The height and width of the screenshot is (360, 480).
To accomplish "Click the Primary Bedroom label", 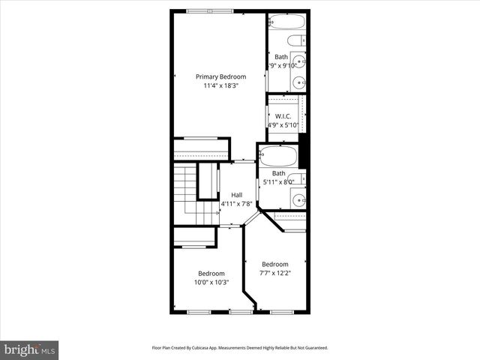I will (x=220, y=76).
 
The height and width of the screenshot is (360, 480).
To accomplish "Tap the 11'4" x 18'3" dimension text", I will (x=220, y=85).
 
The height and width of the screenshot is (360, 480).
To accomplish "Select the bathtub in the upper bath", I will (x=286, y=22).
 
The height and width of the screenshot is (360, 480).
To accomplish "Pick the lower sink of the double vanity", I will (x=300, y=82).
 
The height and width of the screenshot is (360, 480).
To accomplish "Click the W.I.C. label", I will (x=283, y=116).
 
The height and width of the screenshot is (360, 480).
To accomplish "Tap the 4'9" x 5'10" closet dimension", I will (x=283, y=125).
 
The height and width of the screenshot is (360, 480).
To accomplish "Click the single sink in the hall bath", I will (x=298, y=199).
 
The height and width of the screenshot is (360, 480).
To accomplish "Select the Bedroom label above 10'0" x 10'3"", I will (x=211, y=274).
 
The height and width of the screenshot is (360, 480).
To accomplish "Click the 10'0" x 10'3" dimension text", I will (x=211, y=283).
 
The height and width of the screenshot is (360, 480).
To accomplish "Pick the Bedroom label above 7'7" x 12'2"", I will (x=274, y=264).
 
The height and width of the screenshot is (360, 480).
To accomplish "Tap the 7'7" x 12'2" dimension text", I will (x=274, y=273).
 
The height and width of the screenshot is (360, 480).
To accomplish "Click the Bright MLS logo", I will (x=30, y=349).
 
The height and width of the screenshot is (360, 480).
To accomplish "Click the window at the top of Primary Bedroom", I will (x=209, y=11).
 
